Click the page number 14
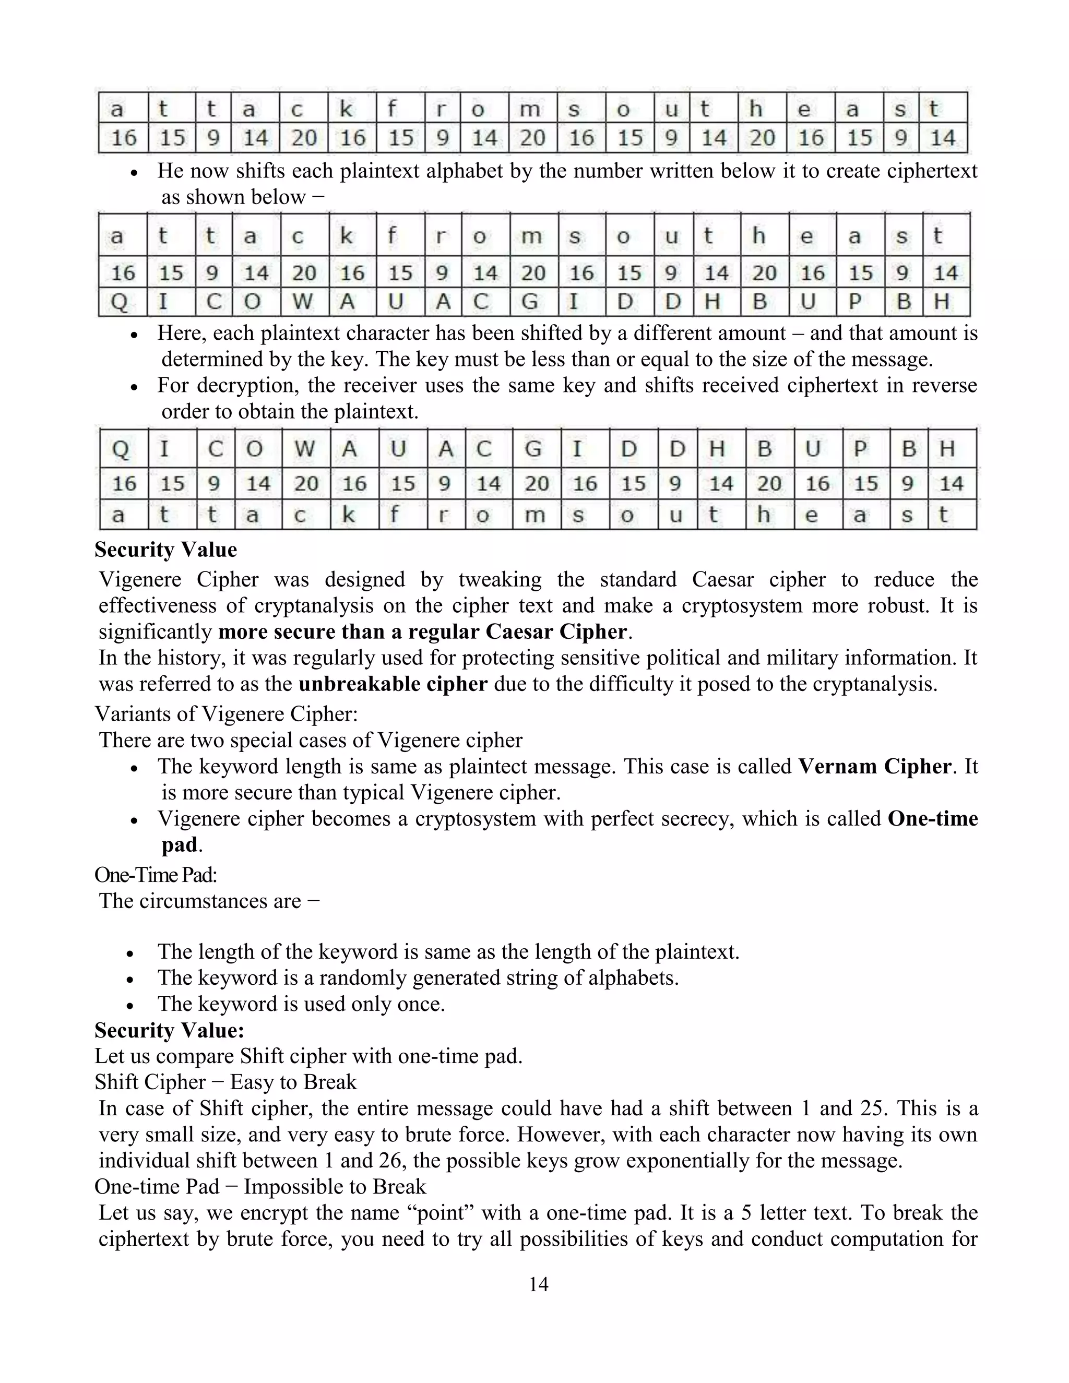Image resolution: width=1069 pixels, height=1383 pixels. pyautogui.click(x=538, y=1284)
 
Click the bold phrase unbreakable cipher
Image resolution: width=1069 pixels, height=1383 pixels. pyautogui.click(x=393, y=684)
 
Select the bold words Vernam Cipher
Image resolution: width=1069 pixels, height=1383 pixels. pyautogui.click(x=875, y=766)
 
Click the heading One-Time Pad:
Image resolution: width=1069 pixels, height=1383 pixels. pyautogui.click(x=156, y=875)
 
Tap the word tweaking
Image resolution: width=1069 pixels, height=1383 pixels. pyautogui.click(x=500, y=579)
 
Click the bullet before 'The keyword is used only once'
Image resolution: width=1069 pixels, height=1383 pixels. pyautogui.click(x=130, y=1005)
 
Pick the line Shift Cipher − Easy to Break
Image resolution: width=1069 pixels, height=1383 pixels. pyautogui.click(x=225, y=1081)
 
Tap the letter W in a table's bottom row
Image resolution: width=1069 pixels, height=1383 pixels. pyautogui.click(x=302, y=302)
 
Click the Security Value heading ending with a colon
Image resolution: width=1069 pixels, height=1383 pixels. pyautogui.click(x=169, y=1030)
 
